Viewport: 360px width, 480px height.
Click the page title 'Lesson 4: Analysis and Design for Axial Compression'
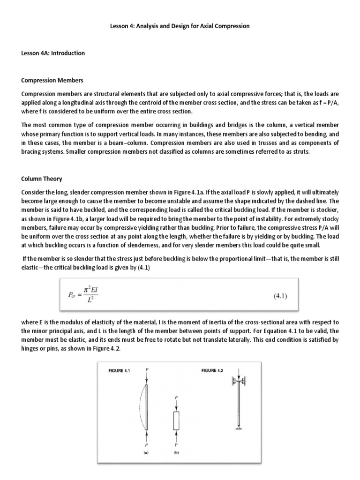point(180,26)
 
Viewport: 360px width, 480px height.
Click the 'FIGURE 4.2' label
point(212,371)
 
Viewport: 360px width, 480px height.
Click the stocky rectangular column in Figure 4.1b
point(176,420)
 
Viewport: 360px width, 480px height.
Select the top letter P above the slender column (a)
point(147,369)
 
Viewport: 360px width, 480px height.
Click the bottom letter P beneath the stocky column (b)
point(176,445)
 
